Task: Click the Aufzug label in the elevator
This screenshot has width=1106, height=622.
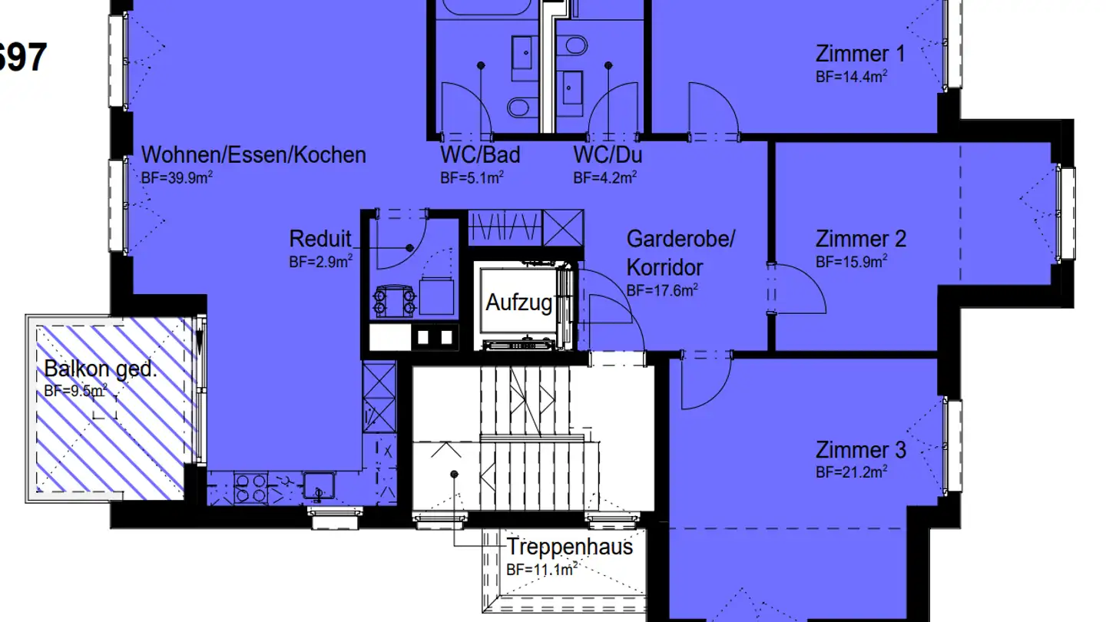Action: click(519, 303)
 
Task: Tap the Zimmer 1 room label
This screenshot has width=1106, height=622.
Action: click(859, 54)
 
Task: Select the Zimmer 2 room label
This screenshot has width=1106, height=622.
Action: click(860, 239)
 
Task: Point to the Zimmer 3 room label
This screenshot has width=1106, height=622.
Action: click(860, 449)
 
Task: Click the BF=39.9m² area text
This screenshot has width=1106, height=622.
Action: click(177, 178)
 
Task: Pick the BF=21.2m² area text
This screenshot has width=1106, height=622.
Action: click(851, 471)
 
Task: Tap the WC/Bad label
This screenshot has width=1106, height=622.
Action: click(480, 155)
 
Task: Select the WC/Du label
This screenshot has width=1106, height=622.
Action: click(608, 155)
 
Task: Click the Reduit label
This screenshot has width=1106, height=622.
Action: click(320, 239)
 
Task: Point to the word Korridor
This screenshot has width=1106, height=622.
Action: click(664, 267)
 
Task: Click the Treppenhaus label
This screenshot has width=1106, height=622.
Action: click(569, 547)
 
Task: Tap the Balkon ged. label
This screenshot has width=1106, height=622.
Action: click(100, 369)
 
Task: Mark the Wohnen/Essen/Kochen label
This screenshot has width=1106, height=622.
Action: click(253, 155)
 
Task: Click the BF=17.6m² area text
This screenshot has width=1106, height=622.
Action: click(661, 290)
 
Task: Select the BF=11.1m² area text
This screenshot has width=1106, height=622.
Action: click(541, 570)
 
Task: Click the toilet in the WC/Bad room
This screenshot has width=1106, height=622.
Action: click(520, 107)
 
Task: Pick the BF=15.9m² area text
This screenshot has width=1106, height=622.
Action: click(851, 262)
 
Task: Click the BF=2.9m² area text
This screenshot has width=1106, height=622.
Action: click(320, 261)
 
